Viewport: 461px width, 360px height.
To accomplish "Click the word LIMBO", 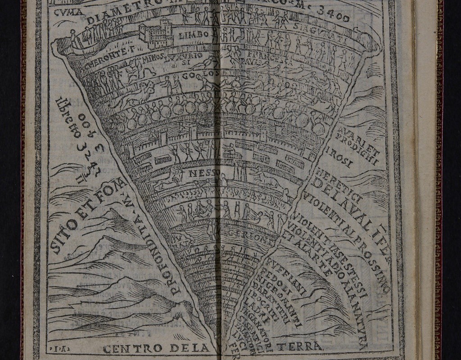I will [x=194, y=35].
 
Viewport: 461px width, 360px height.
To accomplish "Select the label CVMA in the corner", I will [x=68, y=12].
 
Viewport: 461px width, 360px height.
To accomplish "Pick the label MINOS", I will [x=153, y=58].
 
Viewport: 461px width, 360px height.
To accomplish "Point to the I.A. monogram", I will [x=55, y=349].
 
